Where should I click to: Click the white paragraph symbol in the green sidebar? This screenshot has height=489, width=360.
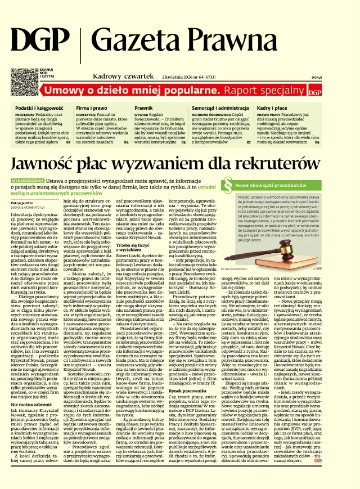tap(228, 184)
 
